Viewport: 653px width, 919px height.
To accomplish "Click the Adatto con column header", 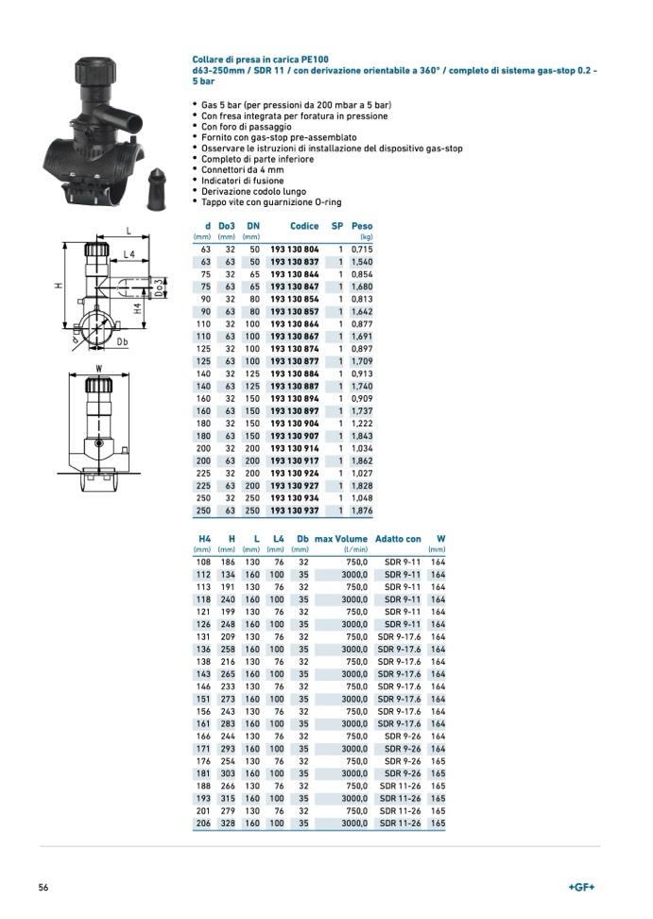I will click(x=398, y=539).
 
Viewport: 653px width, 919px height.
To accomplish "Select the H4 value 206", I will click(x=202, y=824).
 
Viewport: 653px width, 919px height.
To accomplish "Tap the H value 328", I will click(x=226, y=824).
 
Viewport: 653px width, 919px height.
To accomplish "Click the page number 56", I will click(x=43, y=887).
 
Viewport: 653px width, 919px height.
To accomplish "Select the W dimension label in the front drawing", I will click(x=97, y=368).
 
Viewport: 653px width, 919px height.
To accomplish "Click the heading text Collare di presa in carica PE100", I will click(x=260, y=59).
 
